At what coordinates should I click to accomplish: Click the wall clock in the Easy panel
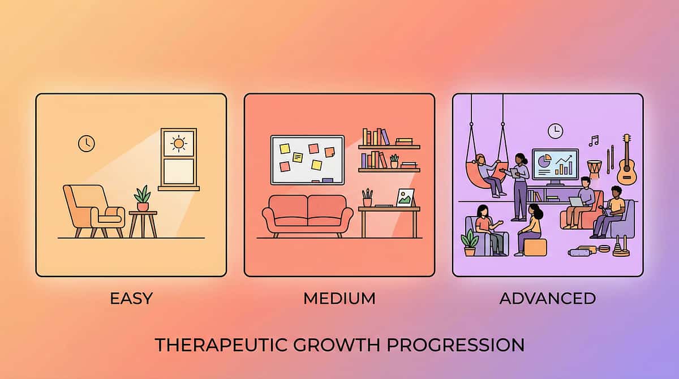tap(86, 143)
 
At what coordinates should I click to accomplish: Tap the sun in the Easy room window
tap(179, 144)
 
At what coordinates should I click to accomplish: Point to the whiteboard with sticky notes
tap(307, 160)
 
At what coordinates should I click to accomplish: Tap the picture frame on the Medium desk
tap(405, 197)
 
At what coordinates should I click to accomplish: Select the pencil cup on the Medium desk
tap(368, 198)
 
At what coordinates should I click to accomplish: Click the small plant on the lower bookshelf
tap(394, 161)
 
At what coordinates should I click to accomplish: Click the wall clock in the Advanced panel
tap(555, 131)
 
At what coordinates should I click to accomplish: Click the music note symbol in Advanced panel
tap(593, 140)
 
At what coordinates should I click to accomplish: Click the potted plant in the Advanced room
tap(470, 242)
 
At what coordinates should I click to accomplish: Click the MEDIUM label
tap(339, 298)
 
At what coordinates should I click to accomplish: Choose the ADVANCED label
tap(547, 298)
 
